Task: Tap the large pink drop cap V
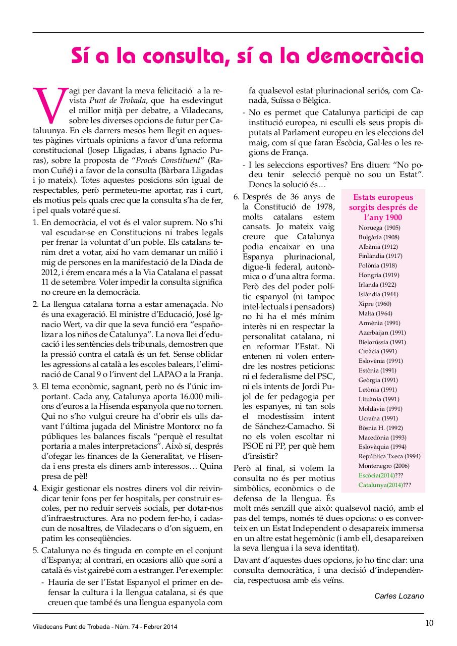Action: tap(50, 105)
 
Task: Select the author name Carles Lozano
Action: tap(398, 596)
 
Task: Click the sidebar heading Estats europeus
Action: tap(383, 197)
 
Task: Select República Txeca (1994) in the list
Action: tap(389, 456)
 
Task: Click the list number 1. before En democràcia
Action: tap(36, 223)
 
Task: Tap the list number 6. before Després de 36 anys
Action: tap(236, 197)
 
